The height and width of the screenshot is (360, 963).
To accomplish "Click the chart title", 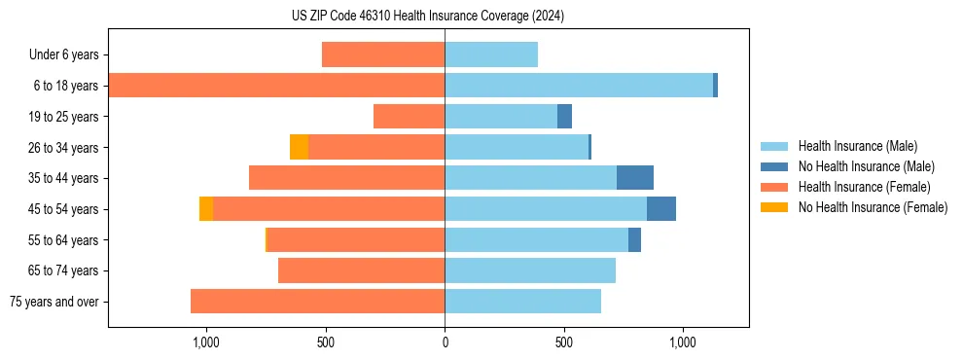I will tap(428, 17).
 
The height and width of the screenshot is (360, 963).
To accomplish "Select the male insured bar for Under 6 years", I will tap(491, 54).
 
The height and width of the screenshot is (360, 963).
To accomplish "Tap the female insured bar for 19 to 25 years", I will tap(409, 117).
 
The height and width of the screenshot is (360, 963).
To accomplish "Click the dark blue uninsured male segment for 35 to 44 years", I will tap(635, 178).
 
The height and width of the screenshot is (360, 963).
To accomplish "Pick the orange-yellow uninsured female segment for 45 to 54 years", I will tap(206, 209).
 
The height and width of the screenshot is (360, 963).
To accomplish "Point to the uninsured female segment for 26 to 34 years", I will tap(299, 147).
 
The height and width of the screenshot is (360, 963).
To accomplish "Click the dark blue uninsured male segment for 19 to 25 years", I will tap(564, 117).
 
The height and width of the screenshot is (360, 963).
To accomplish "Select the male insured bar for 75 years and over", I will tap(522, 302).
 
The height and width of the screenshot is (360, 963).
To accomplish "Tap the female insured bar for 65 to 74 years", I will tap(361, 270).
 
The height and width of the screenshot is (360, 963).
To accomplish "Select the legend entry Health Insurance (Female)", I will tap(864, 187).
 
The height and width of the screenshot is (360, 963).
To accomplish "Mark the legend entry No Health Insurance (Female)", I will tap(873, 207).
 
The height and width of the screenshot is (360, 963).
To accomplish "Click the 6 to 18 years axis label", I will tap(66, 86).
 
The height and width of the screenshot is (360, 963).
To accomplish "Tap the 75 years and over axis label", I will tap(54, 302).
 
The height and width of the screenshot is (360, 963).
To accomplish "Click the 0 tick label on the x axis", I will tap(445, 342).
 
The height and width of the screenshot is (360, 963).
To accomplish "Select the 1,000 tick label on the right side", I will tap(683, 342).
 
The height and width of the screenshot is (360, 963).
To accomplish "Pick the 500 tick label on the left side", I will tap(326, 342).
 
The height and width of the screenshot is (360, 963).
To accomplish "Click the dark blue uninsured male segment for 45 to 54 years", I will tap(661, 209).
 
